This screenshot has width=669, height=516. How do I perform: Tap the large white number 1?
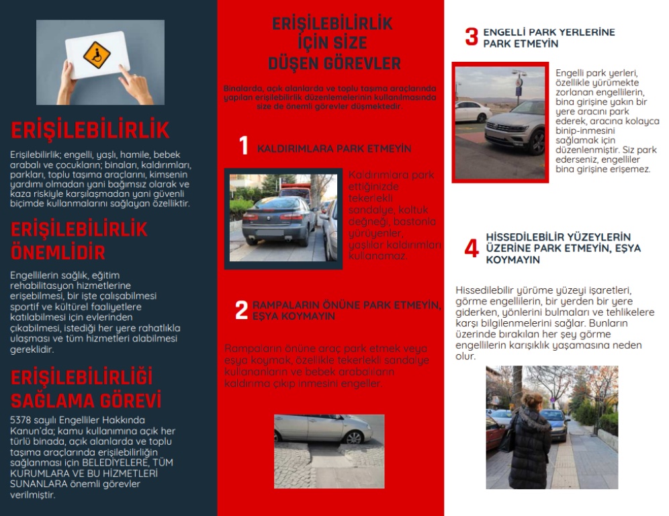(x=244, y=146)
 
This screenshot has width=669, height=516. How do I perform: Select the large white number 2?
(x=241, y=310)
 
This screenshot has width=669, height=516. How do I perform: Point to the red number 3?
(x=472, y=37)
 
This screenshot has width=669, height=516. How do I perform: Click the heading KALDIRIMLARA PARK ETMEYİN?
(x=334, y=148)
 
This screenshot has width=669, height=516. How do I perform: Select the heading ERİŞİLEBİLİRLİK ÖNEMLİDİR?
(x=79, y=241)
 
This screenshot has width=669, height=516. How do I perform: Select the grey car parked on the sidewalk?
(x=277, y=220)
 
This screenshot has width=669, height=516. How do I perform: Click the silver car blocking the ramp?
(x=322, y=429)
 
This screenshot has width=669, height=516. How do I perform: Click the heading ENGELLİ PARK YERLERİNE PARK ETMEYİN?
(x=549, y=38)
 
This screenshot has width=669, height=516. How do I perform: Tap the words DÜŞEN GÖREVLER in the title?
(x=334, y=64)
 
